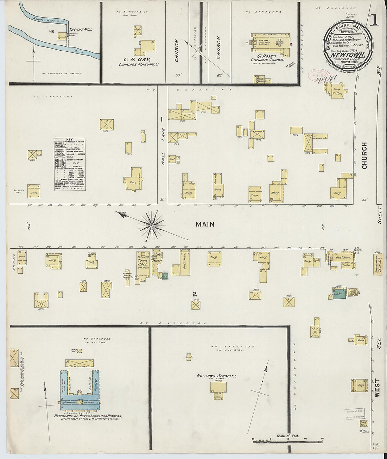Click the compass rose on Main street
pyautogui.click(x=152, y=224)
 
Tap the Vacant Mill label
pyautogui.click(x=81, y=30)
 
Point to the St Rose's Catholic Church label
pyautogui.click(x=267, y=57)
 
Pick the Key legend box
pyautogui.click(x=70, y=164)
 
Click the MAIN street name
pyautogui.click(x=205, y=224)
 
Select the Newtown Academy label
pyautogui.click(x=216, y=376)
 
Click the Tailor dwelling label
pyautogui.click(x=337, y=94)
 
